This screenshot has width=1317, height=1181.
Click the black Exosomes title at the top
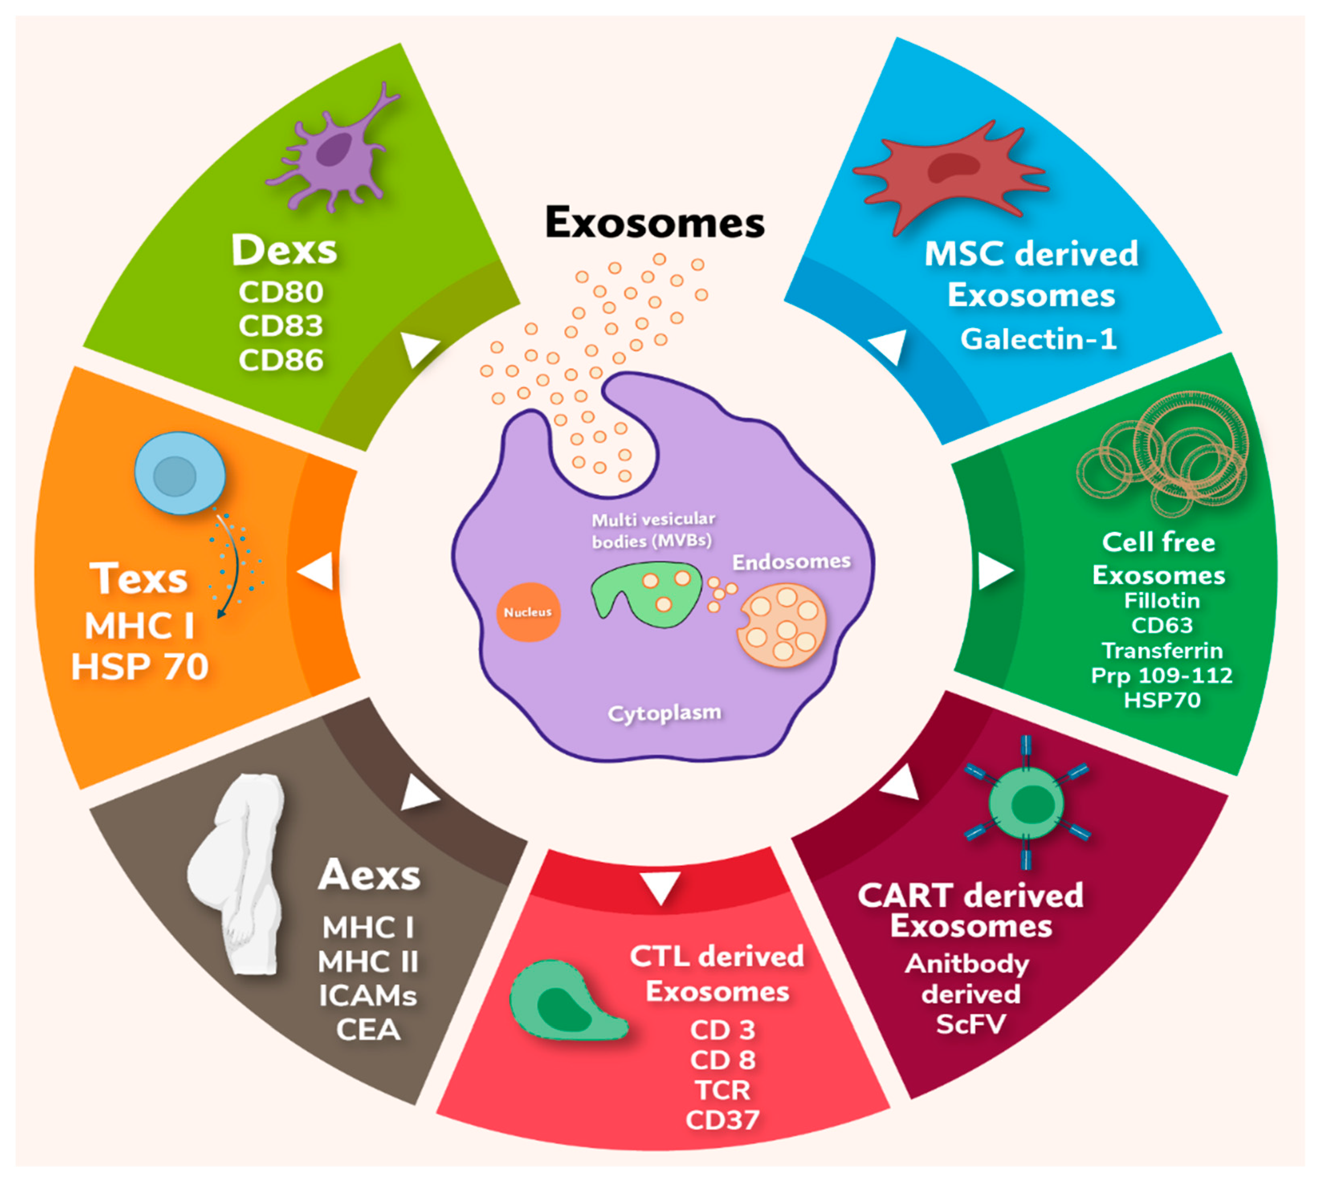click(654, 222)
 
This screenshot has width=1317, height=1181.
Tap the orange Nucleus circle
click(528, 612)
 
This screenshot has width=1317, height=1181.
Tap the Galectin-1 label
click(1038, 339)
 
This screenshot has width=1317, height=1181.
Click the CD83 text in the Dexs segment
click(280, 326)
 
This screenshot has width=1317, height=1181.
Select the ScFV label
click(971, 1024)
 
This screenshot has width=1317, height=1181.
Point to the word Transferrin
click(1162, 650)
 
